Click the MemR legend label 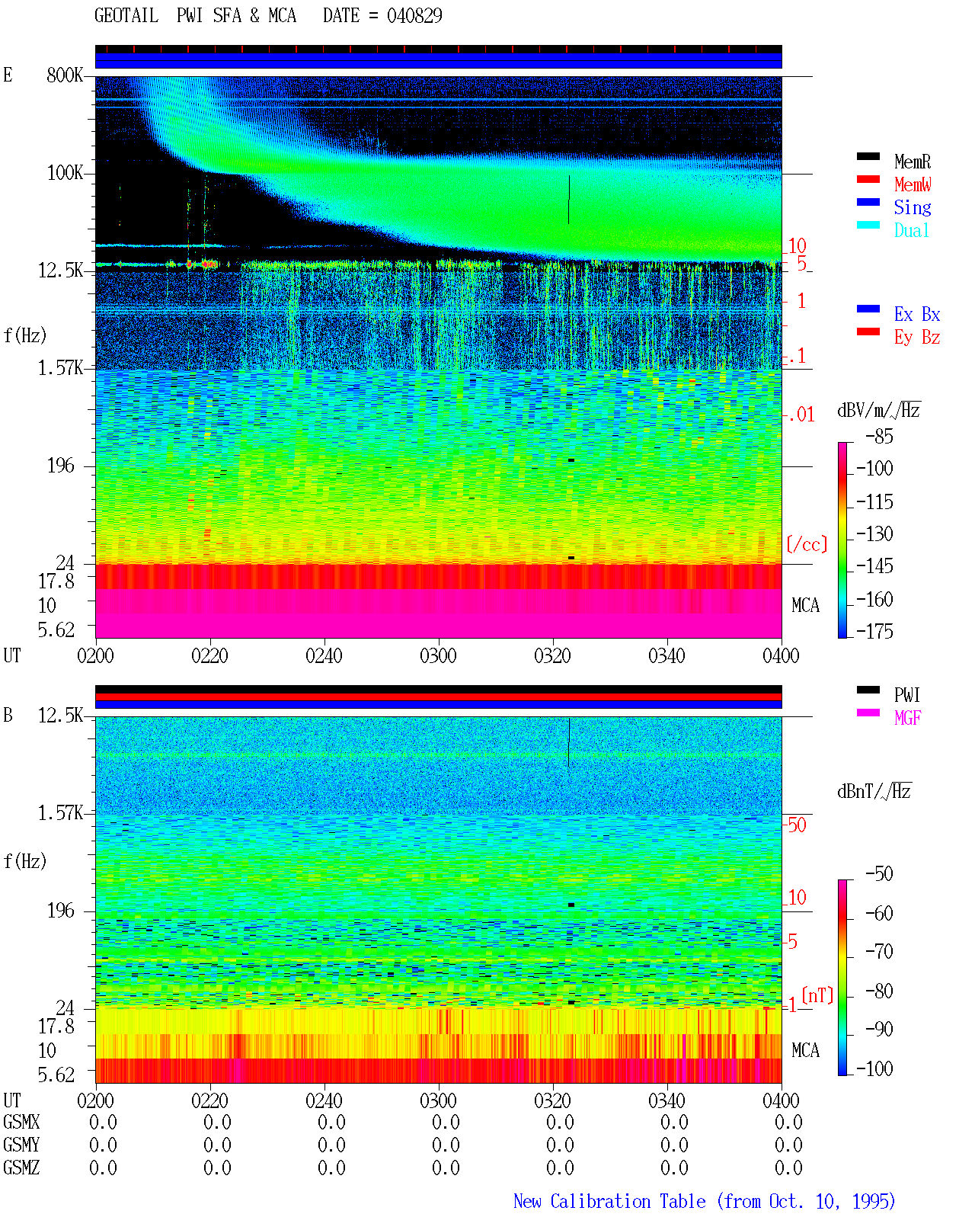coord(912,162)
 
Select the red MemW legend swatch coord(868,179)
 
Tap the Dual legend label coord(911,230)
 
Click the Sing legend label coord(912,207)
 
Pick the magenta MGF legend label coord(907,718)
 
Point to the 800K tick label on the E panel coord(65,75)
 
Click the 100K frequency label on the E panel coord(65,173)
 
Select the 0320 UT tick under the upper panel coord(552,655)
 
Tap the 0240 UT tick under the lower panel coord(324,1100)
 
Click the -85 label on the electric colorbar coord(879,436)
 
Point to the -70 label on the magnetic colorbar coord(879,952)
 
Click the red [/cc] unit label coord(807,544)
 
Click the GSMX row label coord(21,1122)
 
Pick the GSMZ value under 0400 coord(788,1168)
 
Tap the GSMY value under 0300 coord(446,1145)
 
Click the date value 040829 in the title coord(414,16)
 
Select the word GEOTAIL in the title coord(126,16)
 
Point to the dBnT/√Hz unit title coord(874,791)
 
